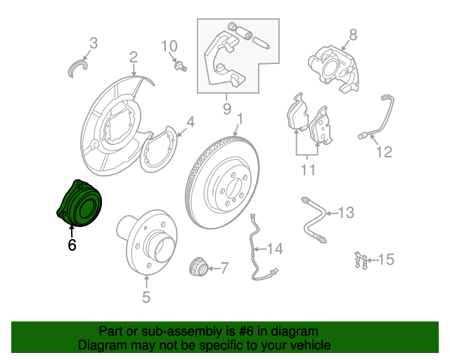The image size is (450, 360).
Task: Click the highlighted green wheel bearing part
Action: click(x=79, y=203)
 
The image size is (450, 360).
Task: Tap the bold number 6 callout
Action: click(x=72, y=245)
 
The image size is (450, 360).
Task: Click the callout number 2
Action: click(x=133, y=57)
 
